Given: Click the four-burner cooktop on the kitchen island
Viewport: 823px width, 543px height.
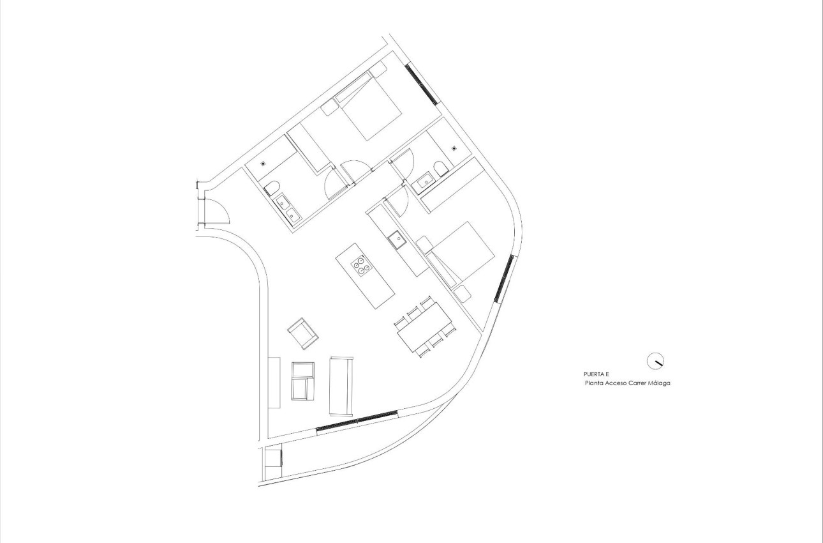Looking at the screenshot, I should point(361,265).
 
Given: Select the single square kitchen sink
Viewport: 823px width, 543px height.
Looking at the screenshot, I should point(397,240).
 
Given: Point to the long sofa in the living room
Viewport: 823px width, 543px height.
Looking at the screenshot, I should point(341,385).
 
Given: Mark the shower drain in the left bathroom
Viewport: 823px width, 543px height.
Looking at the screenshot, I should point(263,164).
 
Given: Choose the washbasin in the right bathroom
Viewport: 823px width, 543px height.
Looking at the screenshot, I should point(422,181).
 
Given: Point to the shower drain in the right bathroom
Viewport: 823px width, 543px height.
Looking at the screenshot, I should point(454,148).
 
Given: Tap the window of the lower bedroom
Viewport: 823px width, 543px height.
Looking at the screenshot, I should point(504,279).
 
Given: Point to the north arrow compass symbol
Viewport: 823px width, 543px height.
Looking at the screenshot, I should point(655,361).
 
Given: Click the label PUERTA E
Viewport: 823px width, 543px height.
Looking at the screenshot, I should point(596,374).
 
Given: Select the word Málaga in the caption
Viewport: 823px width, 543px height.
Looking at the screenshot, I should point(658,384).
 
